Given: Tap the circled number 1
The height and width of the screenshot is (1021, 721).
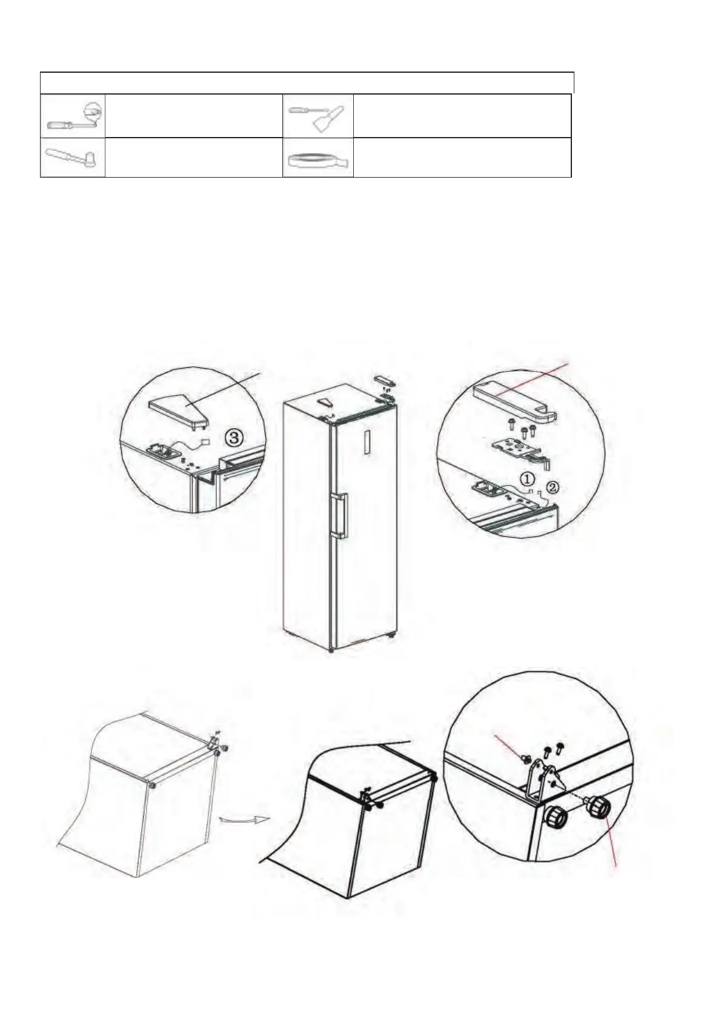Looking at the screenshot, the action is pos(528,479).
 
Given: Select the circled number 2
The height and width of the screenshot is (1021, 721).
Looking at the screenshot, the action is pos(551,487).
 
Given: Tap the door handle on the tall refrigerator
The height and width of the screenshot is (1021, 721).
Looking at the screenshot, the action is pos(341,515).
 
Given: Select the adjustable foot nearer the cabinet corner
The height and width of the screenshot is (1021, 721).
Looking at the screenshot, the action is pos(556,816).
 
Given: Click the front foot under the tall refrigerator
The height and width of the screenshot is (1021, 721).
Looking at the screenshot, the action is pos(330,651).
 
